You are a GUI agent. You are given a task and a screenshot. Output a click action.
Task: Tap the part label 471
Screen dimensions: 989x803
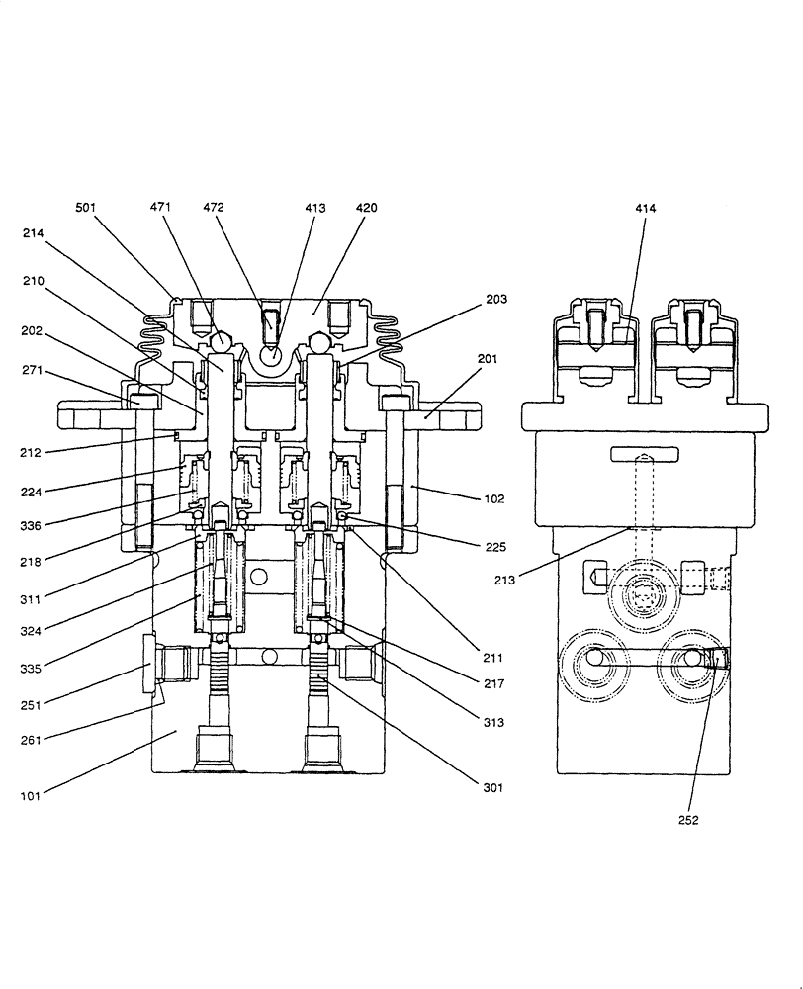(160, 208)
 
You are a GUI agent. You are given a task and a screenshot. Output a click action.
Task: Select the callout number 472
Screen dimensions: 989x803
(213, 208)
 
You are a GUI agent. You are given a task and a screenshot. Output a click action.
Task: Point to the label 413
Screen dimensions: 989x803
(315, 208)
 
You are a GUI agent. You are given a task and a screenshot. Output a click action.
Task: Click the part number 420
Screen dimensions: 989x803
(366, 208)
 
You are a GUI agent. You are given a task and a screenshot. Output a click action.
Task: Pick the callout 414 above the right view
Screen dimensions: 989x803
(646, 208)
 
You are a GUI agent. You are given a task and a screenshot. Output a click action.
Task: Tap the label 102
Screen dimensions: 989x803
(493, 499)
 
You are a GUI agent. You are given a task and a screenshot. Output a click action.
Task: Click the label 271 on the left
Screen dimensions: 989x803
(33, 372)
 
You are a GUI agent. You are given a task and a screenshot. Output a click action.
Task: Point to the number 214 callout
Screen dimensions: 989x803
(33, 232)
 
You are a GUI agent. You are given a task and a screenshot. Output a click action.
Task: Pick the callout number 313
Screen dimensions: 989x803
(493, 723)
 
